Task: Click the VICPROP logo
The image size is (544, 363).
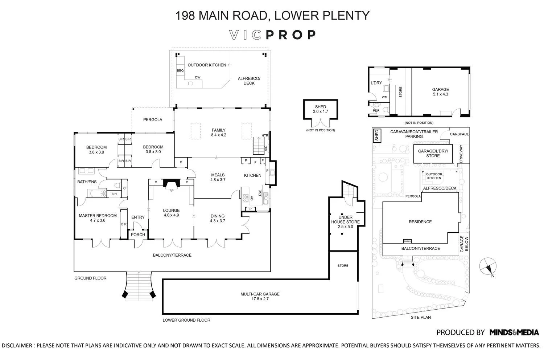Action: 273,35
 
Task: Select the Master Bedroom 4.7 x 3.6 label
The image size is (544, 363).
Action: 98,218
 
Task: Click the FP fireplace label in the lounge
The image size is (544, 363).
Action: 172,191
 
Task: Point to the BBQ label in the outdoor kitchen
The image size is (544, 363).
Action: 180,70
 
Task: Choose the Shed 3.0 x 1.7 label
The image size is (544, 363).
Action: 320,109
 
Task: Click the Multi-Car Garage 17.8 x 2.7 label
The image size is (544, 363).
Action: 260,297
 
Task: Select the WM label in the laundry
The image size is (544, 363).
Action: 384,97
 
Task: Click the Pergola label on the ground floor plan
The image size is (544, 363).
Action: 153,119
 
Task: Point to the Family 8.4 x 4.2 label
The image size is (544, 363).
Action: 219,132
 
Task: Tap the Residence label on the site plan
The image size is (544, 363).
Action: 420,222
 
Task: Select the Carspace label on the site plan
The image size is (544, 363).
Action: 459,134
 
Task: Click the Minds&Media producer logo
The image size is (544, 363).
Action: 514,332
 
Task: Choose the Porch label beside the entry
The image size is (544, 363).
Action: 138,234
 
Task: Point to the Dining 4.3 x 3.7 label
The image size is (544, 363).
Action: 218,218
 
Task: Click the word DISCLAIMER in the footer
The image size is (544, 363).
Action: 17,346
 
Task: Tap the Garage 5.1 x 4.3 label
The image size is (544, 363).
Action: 440,92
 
